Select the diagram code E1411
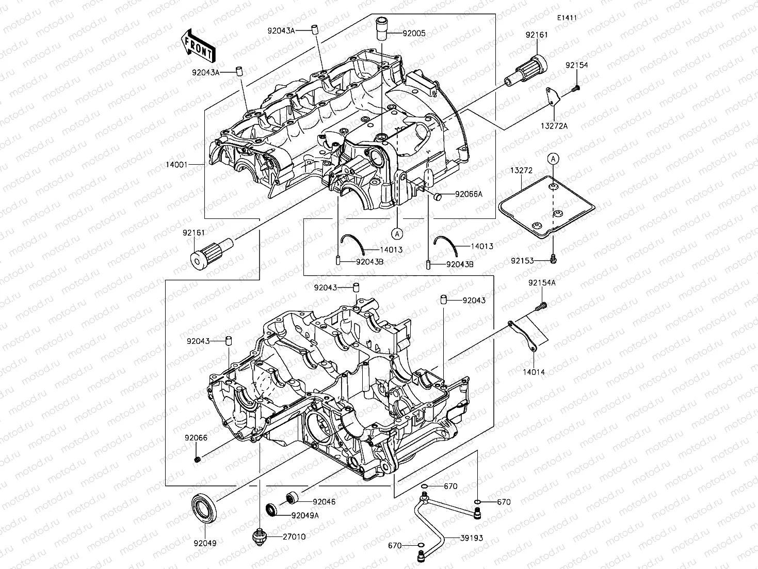567,18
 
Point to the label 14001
176,165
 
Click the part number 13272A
554,126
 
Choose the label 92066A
469,194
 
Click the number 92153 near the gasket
522,261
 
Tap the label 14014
534,372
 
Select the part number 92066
196,438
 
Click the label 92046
324,501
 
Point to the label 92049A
305,515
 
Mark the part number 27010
294,537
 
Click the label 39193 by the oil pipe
472,538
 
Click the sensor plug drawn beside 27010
260,537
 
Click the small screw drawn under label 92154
576,89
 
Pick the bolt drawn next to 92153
553,258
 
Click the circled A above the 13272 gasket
553,159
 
